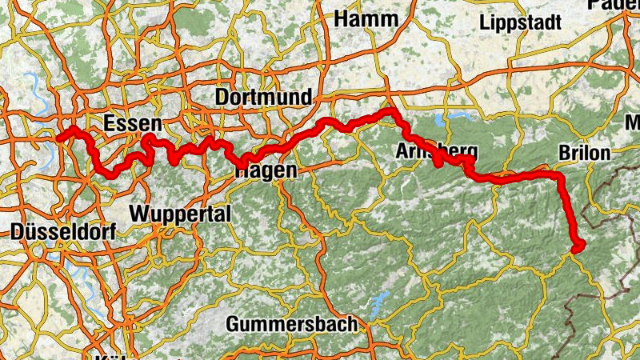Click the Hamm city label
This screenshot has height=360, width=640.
(366, 18)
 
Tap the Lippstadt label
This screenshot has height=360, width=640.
(520, 22)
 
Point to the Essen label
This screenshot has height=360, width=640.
(133, 124)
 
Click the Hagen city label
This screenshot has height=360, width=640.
(266, 170)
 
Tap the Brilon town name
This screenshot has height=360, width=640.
(585, 152)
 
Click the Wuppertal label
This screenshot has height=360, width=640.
(179, 214)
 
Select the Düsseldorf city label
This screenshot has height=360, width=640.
(64, 233)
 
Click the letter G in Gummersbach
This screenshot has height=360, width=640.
(234, 325)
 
